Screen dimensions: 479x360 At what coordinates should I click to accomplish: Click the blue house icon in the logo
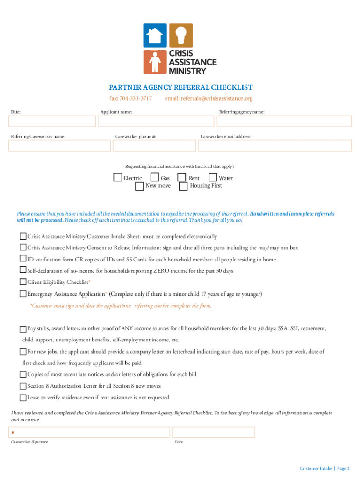pyautogui.click(x=155, y=35)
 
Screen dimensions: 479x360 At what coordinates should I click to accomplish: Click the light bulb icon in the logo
pyautogui.click(x=180, y=35)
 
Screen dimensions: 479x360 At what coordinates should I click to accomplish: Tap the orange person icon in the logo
pyautogui.click(x=155, y=62)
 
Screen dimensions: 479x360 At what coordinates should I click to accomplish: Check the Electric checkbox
pyautogui.click(x=118, y=178)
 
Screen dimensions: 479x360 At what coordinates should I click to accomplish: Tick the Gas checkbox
pyautogui.click(x=155, y=178)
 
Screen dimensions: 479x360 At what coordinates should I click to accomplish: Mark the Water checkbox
pyautogui.click(x=213, y=178)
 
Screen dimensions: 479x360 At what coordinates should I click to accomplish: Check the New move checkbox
pyautogui.click(x=139, y=186)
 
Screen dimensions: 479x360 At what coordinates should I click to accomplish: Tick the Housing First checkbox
pyautogui.click(x=184, y=186)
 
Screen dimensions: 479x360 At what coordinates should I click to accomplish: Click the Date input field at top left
pyautogui.click(x=51, y=121)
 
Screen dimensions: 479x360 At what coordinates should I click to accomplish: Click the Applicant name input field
pyautogui.click(x=156, y=121)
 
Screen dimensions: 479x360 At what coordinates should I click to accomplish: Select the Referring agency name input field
pyautogui.click(x=284, y=121)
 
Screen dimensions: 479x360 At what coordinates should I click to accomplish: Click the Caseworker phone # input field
pyautogui.click(x=154, y=145)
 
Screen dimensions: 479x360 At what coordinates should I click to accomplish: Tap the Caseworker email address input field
pyautogui.click(x=274, y=145)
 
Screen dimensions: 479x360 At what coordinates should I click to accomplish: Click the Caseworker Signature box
pyautogui.click(x=89, y=432)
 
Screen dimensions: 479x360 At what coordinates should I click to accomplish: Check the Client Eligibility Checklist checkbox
pyautogui.click(x=23, y=282)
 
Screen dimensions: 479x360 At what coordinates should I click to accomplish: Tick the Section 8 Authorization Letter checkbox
pyautogui.click(x=23, y=386)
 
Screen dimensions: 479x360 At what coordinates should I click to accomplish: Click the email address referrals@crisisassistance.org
pyautogui.click(x=209, y=99)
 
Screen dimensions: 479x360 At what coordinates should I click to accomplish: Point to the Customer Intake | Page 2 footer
pyautogui.click(x=324, y=468)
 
